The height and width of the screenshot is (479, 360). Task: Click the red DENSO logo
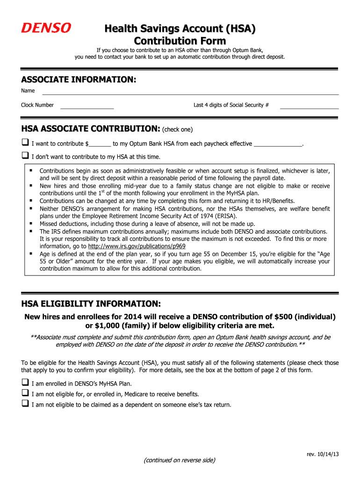[46, 29]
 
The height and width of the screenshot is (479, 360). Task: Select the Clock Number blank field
[87, 107]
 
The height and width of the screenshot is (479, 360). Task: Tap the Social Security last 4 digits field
[309, 107]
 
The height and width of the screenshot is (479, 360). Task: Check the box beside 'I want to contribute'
[25, 143]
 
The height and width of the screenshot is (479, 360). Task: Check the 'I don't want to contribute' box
[25, 156]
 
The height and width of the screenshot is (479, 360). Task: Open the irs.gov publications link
[137, 246]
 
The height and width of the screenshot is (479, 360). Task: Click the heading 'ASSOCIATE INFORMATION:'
[79, 80]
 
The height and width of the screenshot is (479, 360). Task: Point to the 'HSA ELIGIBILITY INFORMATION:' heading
[91, 303]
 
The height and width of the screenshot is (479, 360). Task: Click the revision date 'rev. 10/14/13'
[323, 455]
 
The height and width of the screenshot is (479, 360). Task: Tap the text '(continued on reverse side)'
[180, 460]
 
